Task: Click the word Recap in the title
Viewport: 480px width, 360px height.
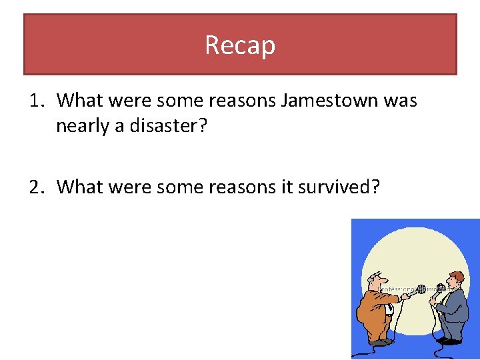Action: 240,45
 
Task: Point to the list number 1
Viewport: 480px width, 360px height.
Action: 36,101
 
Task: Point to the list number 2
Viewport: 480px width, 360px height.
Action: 36,187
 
